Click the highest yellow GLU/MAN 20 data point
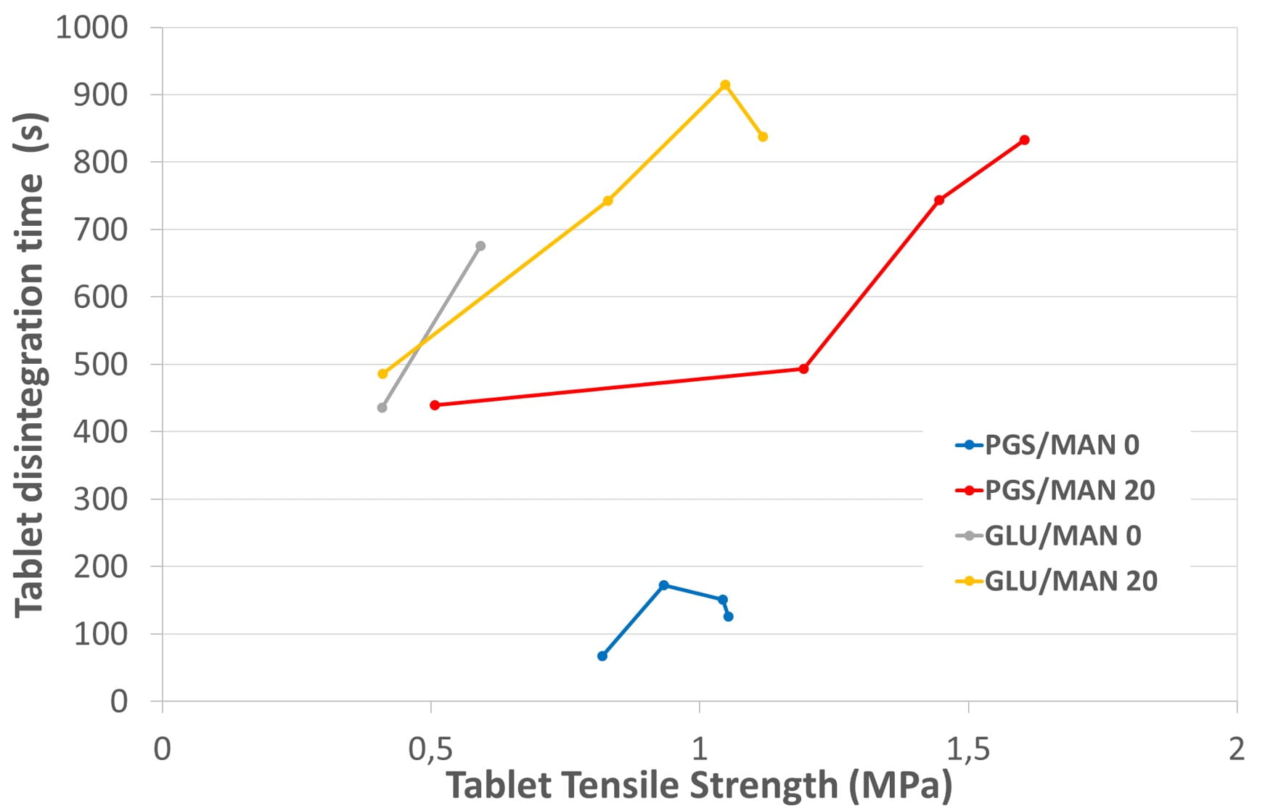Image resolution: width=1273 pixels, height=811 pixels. (724, 85)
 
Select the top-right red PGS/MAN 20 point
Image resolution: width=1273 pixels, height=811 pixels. (1024, 140)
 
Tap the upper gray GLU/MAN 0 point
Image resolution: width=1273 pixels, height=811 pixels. (480, 246)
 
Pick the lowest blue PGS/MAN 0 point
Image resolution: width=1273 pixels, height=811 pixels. (602, 656)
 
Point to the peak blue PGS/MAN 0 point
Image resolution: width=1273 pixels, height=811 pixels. (663, 585)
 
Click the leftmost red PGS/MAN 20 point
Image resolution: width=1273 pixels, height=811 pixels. (435, 405)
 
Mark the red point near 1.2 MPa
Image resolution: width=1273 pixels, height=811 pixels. (803, 369)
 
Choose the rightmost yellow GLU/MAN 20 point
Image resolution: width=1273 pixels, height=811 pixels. (763, 136)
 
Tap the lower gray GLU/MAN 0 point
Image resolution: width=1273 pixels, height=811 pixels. (382, 407)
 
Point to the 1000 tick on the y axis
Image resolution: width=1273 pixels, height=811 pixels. (92, 28)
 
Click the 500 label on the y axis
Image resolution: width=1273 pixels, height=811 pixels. (101, 364)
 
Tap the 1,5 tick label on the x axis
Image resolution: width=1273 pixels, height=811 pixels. (968, 749)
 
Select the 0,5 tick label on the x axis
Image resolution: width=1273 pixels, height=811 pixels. (431, 749)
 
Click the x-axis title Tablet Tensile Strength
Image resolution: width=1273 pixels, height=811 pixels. (699, 786)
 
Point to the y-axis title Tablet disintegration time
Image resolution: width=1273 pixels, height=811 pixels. (31, 364)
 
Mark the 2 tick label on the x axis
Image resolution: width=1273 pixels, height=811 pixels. (1237, 749)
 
